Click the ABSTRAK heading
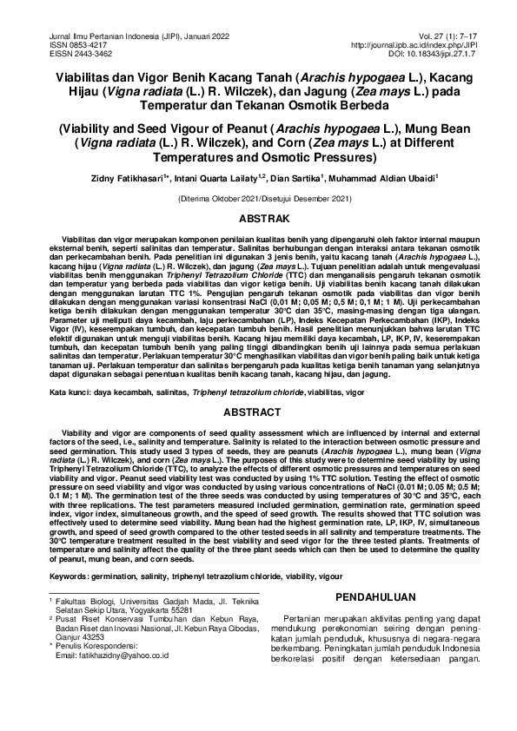click(x=258, y=222)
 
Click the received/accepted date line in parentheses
click(x=258, y=199)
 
